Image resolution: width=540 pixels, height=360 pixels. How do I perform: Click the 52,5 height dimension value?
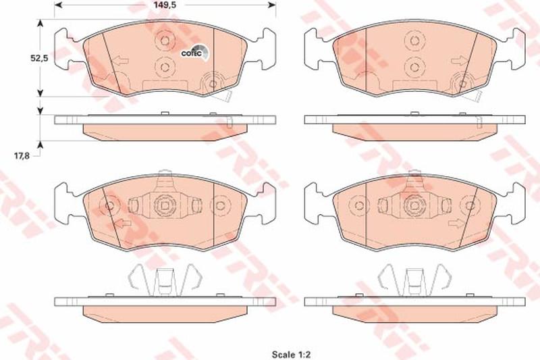(x=39, y=59)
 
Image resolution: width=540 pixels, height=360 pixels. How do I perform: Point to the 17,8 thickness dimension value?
(x=22, y=155)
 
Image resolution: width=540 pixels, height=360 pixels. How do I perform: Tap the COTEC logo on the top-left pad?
(x=194, y=53)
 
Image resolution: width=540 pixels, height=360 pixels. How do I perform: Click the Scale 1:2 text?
(x=292, y=354)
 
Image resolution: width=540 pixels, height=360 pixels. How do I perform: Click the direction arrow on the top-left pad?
(x=121, y=61)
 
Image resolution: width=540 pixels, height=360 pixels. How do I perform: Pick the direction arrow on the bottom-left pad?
(x=122, y=224)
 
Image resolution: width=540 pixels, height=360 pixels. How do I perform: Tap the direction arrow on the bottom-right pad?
(x=457, y=224)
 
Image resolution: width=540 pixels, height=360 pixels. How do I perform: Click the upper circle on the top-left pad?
(x=165, y=41)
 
